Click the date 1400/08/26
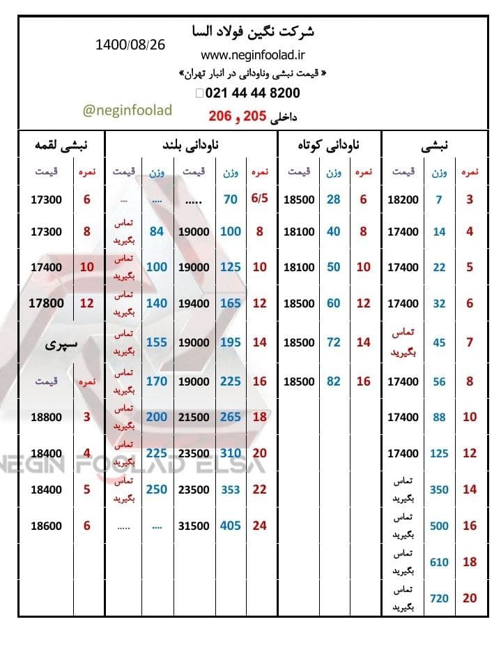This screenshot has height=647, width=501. [130, 45]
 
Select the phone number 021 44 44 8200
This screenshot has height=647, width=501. [252, 93]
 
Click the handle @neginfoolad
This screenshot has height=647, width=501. [127, 110]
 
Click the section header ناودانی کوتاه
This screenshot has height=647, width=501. [329, 146]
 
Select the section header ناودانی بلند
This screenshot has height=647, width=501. [190, 146]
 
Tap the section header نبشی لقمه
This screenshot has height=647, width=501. [61, 146]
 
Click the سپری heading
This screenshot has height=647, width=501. [61, 344]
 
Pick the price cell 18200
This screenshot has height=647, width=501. [403, 200]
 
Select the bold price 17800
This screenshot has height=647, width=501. [47, 303]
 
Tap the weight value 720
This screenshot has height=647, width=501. [439, 598]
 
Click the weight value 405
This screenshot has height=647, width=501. [230, 526]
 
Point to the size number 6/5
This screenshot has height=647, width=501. [259, 199]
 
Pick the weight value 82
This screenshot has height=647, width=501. [334, 381]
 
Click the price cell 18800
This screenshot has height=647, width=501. [47, 418]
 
